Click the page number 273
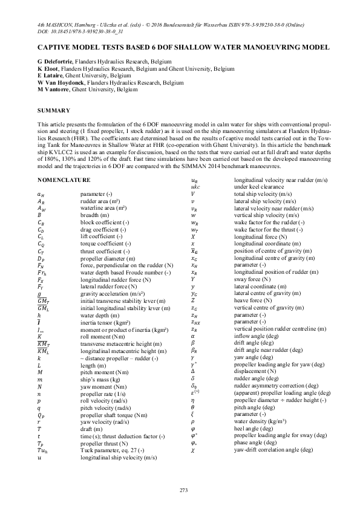(180, 489)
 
